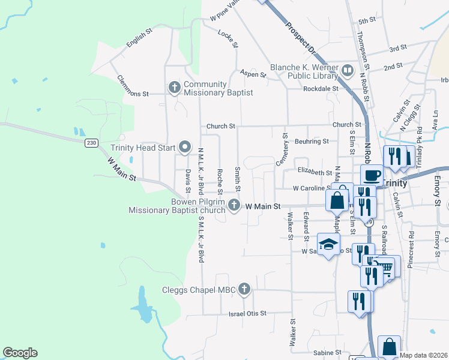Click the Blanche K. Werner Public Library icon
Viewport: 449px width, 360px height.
[x=347, y=71]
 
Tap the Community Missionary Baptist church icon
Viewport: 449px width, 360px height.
[x=175, y=88]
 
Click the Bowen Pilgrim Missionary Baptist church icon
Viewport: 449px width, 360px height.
[x=234, y=206]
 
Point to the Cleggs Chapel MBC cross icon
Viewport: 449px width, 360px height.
[x=244, y=290]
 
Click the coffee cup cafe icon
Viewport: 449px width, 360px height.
[x=372, y=175]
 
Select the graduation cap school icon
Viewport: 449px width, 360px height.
[x=328, y=244]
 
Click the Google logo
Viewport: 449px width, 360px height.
[x=20, y=353]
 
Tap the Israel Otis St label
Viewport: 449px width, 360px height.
[x=247, y=314]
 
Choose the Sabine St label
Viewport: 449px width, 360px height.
[x=330, y=352]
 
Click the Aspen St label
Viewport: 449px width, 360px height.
[x=253, y=74]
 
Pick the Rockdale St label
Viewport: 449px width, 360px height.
[x=321, y=89]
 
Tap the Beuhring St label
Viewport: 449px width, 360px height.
[x=312, y=142]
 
